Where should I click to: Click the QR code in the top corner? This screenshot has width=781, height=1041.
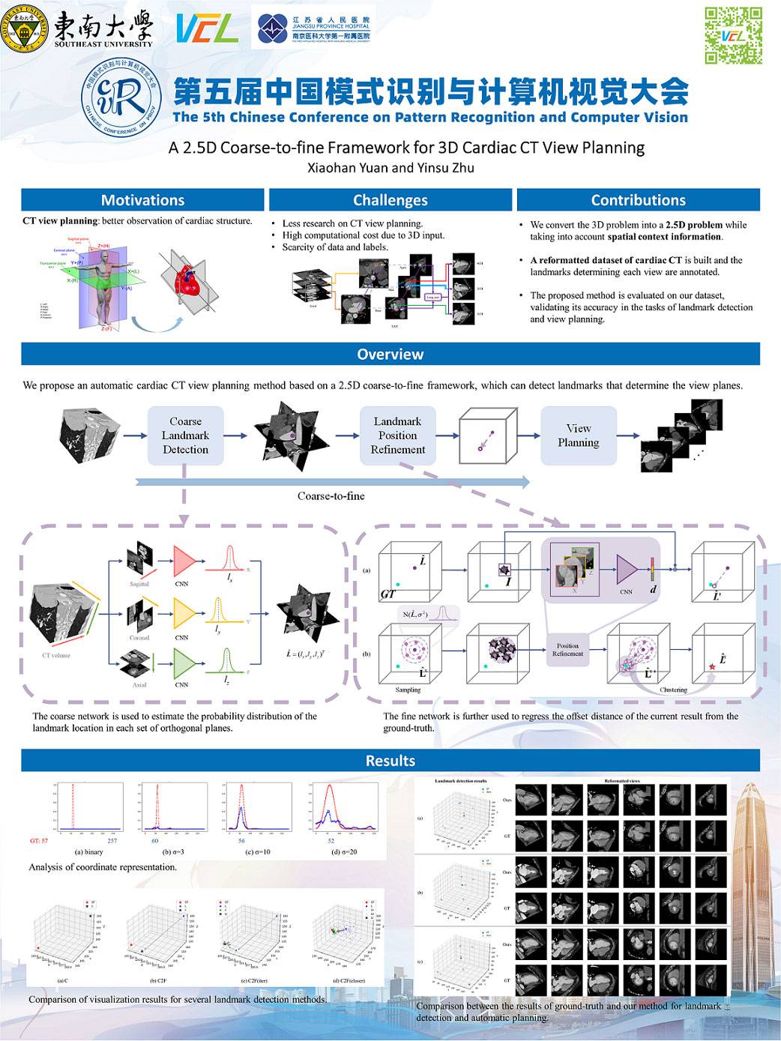point(733,35)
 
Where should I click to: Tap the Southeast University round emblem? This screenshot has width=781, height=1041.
point(25,31)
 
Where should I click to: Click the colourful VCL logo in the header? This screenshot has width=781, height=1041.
point(207,29)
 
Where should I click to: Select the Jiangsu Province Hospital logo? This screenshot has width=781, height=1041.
point(313,29)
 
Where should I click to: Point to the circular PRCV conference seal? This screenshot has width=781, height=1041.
point(121,97)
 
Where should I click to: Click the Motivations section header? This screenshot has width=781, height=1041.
point(142,200)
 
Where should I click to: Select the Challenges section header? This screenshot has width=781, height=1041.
point(390,200)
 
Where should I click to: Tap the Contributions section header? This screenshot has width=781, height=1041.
point(638,200)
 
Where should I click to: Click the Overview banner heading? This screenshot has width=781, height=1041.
point(390,354)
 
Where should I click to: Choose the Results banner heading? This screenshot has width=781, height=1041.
point(390,761)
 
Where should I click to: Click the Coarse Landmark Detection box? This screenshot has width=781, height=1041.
point(185,435)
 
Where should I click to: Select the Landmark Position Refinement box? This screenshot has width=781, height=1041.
point(397,435)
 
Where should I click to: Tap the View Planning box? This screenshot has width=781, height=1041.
point(578,435)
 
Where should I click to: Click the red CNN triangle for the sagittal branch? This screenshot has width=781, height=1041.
point(184,560)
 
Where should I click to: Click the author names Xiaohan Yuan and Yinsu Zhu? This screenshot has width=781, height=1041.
point(390,168)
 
